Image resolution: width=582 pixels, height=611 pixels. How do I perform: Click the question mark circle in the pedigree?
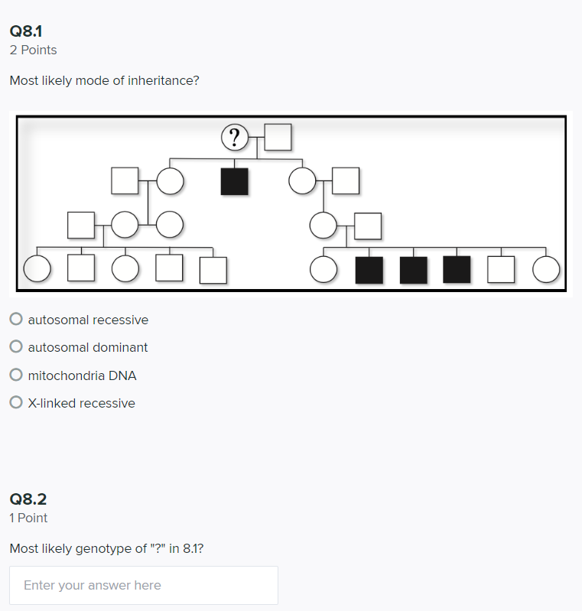click(234, 138)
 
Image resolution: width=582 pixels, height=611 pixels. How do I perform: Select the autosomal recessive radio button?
click(16, 320)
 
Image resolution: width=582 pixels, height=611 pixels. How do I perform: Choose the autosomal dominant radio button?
click(16, 347)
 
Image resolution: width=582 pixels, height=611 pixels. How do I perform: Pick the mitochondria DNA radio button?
click(16, 375)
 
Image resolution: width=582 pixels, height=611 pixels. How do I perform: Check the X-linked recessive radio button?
click(16, 403)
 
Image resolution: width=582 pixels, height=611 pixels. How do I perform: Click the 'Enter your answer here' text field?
click(144, 586)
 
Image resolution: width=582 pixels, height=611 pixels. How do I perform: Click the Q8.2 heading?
click(28, 499)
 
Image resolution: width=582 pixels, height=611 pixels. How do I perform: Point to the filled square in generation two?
click(234, 181)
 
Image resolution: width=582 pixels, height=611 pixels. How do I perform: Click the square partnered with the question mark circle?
click(278, 138)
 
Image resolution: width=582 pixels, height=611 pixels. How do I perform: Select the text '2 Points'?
click(33, 50)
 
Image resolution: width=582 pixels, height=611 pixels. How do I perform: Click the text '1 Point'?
click(28, 518)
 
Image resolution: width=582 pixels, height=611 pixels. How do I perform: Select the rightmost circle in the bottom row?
click(546, 269)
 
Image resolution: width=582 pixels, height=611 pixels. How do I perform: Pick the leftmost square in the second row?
click(125, 181)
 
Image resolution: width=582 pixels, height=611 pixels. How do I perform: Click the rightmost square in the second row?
click(346, 181)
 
